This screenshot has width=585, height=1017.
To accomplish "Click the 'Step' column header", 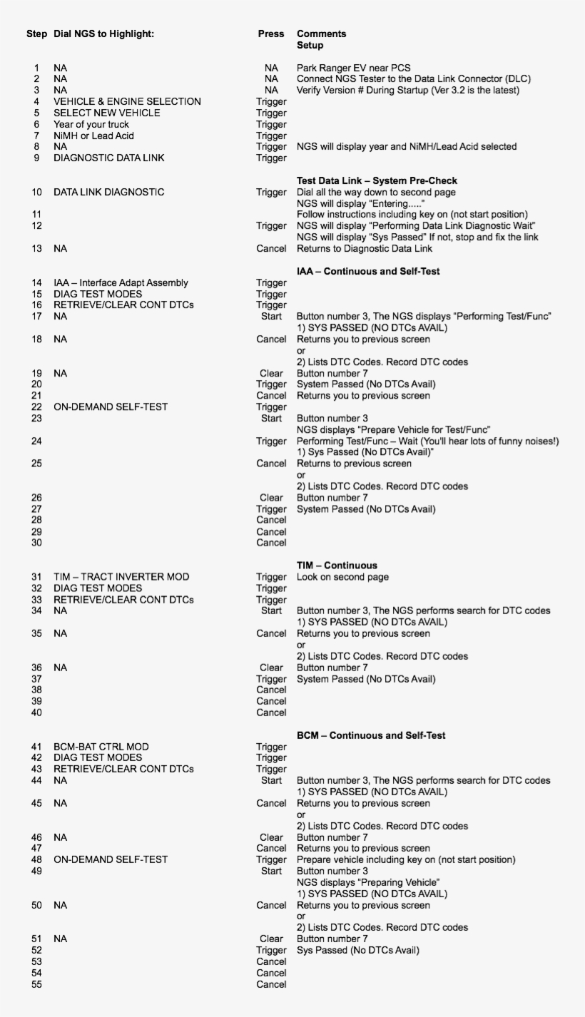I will pyautogui.click(x=37, y=34).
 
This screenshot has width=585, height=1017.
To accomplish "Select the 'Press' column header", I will pyautogui.click(x=271, y=34).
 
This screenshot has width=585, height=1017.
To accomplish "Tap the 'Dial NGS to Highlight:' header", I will pyautogui.click(x=103, y=34).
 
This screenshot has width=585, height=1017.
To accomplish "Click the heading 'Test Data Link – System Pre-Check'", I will pyautogui.click(x=377, y=180).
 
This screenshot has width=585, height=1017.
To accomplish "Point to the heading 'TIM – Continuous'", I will pyautogui.click(x=337, y=566).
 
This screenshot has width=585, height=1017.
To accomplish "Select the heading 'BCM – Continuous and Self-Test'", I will pyautogui.click(x=371, y=735).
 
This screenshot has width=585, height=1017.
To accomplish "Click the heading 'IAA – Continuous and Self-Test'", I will pyautogui.click(x=368, y=271).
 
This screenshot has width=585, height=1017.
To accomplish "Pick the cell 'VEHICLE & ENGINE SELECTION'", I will pyautogui.click(x=127, y=101).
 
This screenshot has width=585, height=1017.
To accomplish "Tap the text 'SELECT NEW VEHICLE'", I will pyautogui.click(x=107, y=113).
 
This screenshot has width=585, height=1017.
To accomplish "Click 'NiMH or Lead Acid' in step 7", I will pyautogui.click(x=93, y=136).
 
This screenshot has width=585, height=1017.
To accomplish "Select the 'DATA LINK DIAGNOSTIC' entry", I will pyautogui.click(x=108, y=192).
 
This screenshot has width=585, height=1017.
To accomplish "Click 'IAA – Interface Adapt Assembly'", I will pyautogui.click(x=121, y=283).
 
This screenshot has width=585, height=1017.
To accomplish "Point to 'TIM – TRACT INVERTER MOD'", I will pyautogui.click(x=121, y=577).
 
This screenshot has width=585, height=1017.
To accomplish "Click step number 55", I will pyautogui.click(x=36, y=984).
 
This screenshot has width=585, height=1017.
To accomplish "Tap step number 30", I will pyautogui.click(x=36, y=543).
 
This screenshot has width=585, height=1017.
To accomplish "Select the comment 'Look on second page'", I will pyautogui.click(x=342, y=577).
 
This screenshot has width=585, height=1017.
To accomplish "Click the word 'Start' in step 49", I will pyautogui.click(x=272, y=871).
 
